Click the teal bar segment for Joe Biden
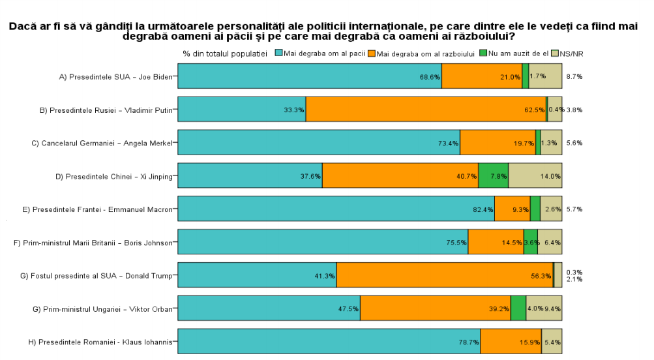pyautogui.click(x=309, y=76)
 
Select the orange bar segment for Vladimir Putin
pyautogui.click(x=425, y=110)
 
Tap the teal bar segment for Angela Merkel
pyautogui.click(x=318, y=143)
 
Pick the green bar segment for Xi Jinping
pyautogui.click(x=493, y=176)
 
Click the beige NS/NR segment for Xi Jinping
pyautogui.click(x=535, y=176)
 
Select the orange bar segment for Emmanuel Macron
pyautogui.click(x=512, y=209)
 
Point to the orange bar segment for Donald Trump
pyautogui.click(x=445, y=275)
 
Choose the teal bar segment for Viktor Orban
pyautogui.click(x=269, y=308)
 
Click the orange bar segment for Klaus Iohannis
pyautogui.click(x=510, y=342)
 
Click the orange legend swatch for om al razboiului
pyautogui.click(x=372, y=53)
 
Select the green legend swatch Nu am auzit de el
pyautogui.click(x=483, y=53)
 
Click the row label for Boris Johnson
pyautogui.click(x=93, y=243)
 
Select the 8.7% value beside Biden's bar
pyautogui.click(x=574, y=76)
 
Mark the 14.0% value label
pyautogui.click(x=550, y=176)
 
